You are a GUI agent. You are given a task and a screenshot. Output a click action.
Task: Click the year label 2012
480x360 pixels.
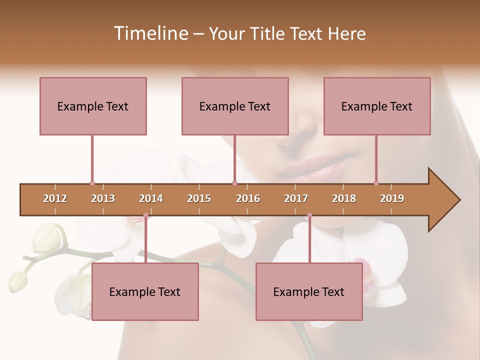(x=55, y=198)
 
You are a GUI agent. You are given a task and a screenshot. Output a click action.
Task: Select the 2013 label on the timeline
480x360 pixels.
(x=103, y=198)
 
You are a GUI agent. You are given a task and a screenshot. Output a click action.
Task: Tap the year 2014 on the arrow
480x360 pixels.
(x=151, y=198)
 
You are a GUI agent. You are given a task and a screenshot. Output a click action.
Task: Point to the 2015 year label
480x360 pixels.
(x=199, y=198)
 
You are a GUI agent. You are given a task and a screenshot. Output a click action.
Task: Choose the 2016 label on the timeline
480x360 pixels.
(x=248, y=198)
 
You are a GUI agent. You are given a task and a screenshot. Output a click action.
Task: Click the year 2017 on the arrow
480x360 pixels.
(x=296, y=198)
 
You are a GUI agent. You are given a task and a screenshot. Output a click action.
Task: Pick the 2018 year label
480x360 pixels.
(x=344, y=198)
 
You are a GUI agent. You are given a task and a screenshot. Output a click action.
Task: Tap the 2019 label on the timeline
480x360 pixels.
(x=392, y=198)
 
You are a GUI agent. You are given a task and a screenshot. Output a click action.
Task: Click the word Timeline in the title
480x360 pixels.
(x=150, y=33)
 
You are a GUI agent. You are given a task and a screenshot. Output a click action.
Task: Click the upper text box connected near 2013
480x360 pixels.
(x=93, y=106)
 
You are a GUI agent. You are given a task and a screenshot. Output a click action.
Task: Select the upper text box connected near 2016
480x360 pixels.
(x=235, y=106)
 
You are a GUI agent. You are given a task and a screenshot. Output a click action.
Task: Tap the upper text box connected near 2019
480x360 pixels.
(x=377, y=106)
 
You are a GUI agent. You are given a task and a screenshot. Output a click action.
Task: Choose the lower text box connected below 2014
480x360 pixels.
(x=145, y=291)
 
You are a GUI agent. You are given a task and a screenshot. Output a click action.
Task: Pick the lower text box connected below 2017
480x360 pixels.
(x=309, y=291)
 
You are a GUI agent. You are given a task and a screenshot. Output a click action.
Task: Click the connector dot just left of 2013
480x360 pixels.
(x=92, y=183)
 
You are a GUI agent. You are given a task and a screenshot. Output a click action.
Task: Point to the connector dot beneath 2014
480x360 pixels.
(x=145, y=215)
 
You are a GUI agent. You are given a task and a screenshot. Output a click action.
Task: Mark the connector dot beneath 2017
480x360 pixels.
(x=309, y=215)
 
